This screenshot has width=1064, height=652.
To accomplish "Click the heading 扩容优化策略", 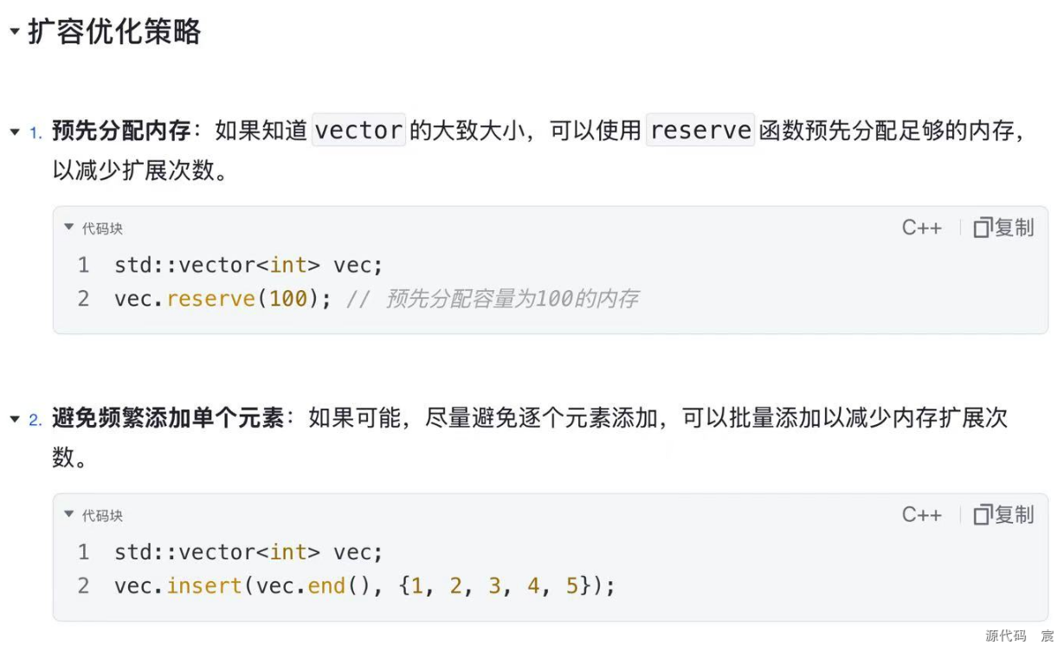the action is point(114,32).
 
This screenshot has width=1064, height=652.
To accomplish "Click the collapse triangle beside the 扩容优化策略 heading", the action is point(15,31).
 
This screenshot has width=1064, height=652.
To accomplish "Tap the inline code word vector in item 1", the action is point(358,130).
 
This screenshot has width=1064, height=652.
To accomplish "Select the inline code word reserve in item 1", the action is point(700,130).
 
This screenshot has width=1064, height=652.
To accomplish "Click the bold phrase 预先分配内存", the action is point(121,130).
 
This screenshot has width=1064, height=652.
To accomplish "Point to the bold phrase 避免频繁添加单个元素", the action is point(168,418).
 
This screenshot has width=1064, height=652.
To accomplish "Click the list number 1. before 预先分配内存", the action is point(35,132).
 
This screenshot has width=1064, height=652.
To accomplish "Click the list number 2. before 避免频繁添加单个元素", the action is point(35,420).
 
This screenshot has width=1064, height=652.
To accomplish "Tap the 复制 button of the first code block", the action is point(1003,228).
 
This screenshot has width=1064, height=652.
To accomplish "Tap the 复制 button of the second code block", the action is point(1003,514).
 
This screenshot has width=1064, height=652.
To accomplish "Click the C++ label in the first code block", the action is point(921,228).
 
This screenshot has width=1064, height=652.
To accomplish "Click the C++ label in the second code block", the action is point(921,515).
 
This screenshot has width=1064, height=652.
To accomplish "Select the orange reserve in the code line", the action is point(211,299).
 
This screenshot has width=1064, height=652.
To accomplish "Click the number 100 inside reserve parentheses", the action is point(288,299).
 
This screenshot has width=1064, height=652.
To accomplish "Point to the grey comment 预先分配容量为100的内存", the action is point(512,299).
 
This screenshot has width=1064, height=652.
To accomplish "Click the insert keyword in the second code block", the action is point(204,586).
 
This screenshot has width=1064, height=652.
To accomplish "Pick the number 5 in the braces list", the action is point(571,586).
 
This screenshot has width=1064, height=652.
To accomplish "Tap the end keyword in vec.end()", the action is point(326,586).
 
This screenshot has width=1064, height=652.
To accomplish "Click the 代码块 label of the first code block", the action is point(102,229).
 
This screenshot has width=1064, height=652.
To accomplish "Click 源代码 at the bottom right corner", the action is point(1006,636).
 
